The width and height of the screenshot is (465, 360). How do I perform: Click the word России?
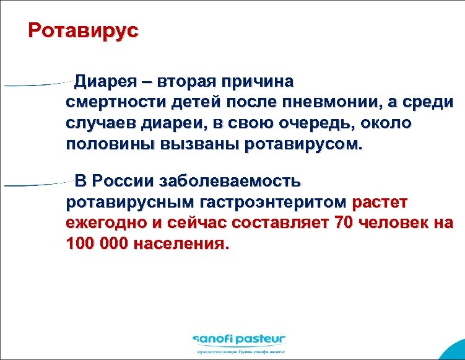(124, 182)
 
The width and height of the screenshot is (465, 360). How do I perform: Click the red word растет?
(380, 202)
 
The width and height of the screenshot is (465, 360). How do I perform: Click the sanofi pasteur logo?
(238, 339)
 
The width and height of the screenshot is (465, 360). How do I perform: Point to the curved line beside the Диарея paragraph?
(37, 84)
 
